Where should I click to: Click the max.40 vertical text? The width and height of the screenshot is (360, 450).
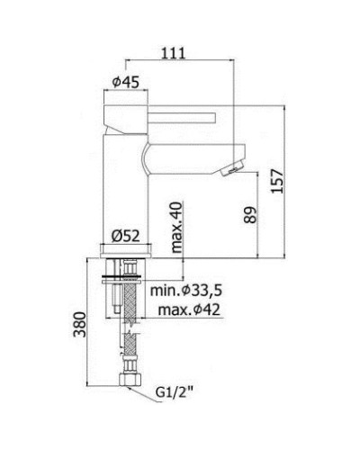pos(176,222)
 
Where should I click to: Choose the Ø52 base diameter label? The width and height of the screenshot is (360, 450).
pos(124,237)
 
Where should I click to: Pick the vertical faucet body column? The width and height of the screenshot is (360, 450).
pos(123,189)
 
